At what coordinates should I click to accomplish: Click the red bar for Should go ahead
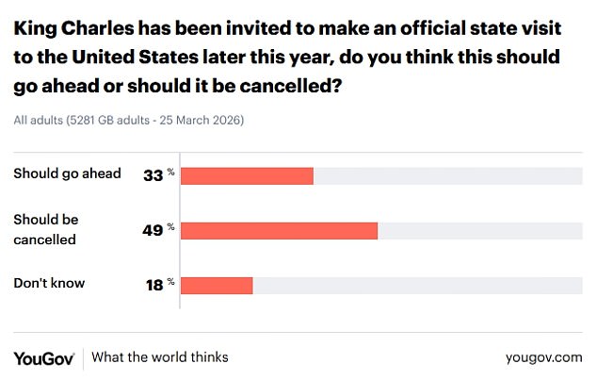click(x=246, y=175)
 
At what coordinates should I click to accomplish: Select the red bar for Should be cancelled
click(x=279, y=230)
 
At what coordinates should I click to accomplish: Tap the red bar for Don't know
click(x=217, y=284)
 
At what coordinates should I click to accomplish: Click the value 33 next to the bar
click(x=153, y=175)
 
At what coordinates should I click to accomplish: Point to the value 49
click(x=153, y=230)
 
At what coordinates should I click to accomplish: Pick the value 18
click(x=153, y=284)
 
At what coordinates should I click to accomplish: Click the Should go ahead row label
click(x=67, y=173)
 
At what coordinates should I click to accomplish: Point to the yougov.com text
click(x=544, y=357)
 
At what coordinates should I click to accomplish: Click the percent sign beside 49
click(x=171, y=227)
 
